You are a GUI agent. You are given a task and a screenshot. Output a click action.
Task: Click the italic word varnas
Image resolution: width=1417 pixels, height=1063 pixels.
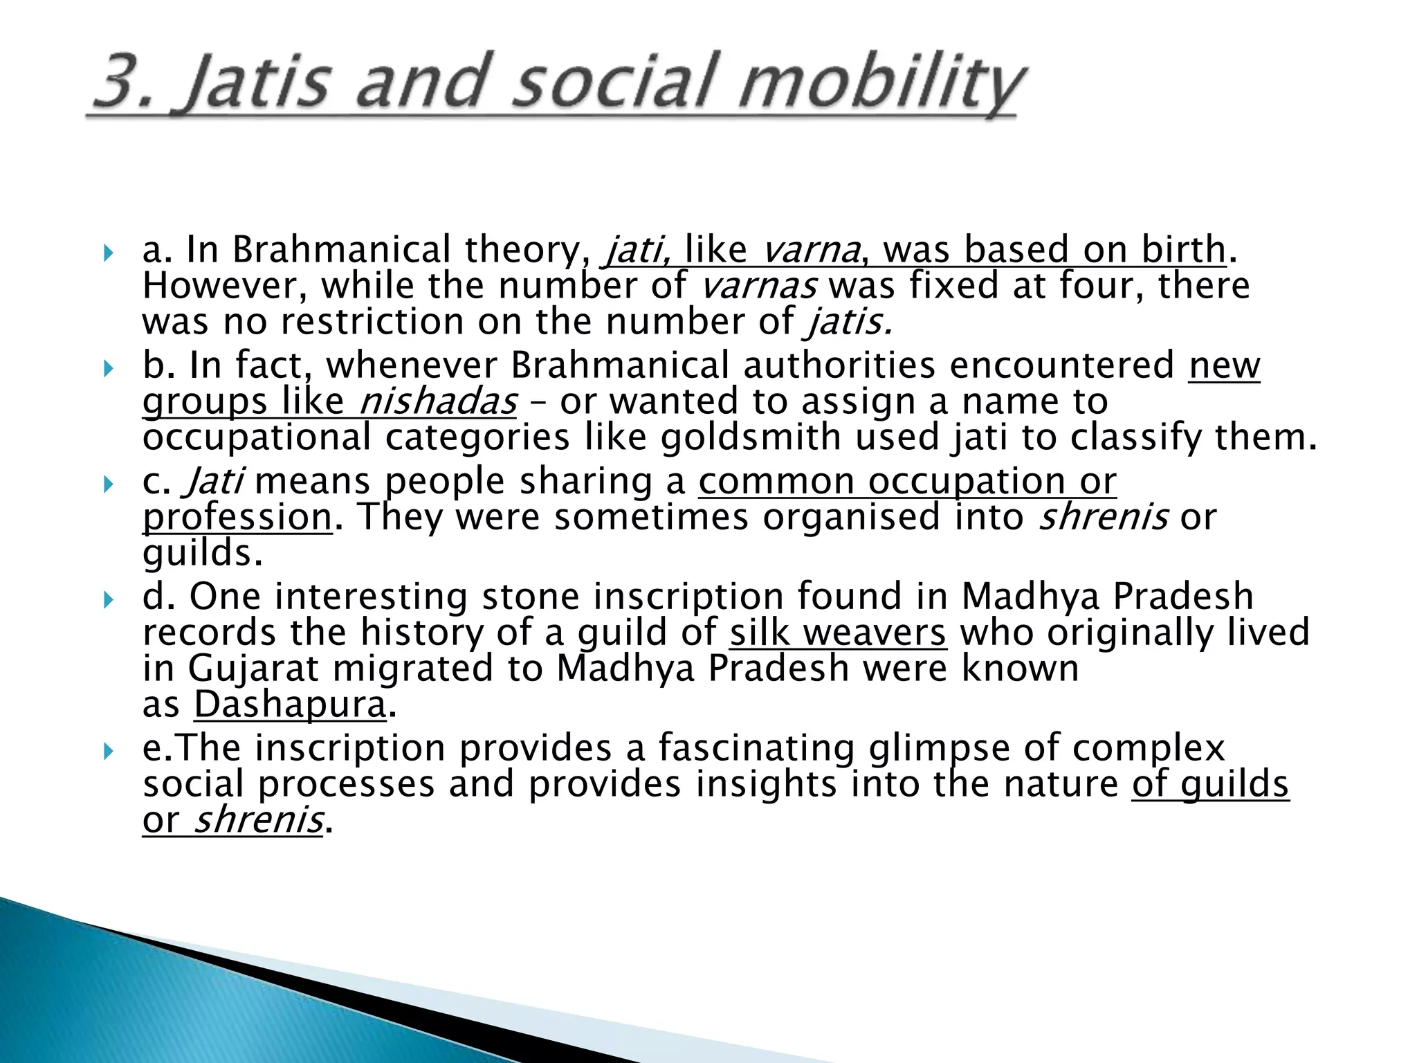click(758, 285)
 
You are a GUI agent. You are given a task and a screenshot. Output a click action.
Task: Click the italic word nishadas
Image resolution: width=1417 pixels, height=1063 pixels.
click(438, 401)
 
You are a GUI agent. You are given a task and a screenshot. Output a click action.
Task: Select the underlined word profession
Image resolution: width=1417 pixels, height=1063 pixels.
click(237, 517)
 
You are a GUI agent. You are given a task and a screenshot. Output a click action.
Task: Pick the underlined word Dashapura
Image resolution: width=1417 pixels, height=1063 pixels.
click(289, 705)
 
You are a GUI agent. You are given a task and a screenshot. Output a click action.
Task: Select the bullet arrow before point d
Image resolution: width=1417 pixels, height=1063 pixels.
click(107, 600)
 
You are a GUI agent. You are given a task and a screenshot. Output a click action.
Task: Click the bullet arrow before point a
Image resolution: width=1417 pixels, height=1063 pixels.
click(107, 253)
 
